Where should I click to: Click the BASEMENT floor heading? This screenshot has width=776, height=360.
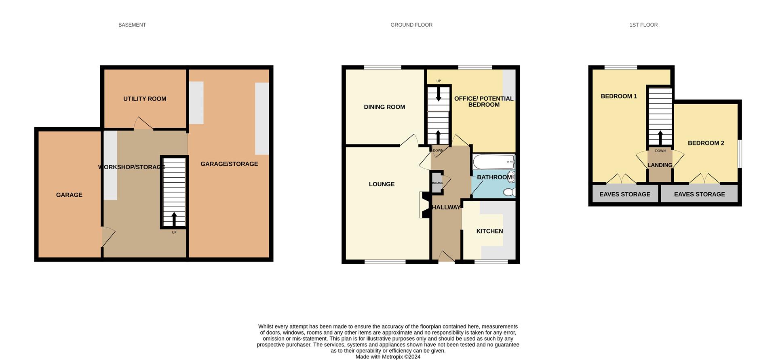coord(132,25)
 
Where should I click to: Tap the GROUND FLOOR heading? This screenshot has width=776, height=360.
coord(411,25)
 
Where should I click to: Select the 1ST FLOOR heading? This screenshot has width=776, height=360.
coord(643,25)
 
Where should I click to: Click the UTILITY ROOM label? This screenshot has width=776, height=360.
coord(145,99)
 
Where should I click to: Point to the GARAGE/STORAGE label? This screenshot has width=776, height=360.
coord(229,164)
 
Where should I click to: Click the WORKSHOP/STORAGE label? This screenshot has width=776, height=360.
coord(132,167)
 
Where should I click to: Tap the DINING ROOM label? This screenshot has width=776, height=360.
coord(384,107)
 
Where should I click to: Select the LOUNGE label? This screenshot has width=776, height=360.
coord(382,184)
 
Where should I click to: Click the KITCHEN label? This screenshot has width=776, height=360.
coord(489,231)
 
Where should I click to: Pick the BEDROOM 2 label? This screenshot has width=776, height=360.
coord(706,143)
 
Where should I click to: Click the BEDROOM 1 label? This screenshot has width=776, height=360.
coord(619,96)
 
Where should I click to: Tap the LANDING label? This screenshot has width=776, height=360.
coord(660,165)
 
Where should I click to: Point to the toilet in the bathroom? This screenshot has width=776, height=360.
coord(509,192)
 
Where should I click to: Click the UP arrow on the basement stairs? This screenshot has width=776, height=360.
coord(174,219)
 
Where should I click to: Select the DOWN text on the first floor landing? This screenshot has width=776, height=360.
coord(660,151)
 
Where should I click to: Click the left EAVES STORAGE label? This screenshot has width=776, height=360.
coord(624,194)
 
